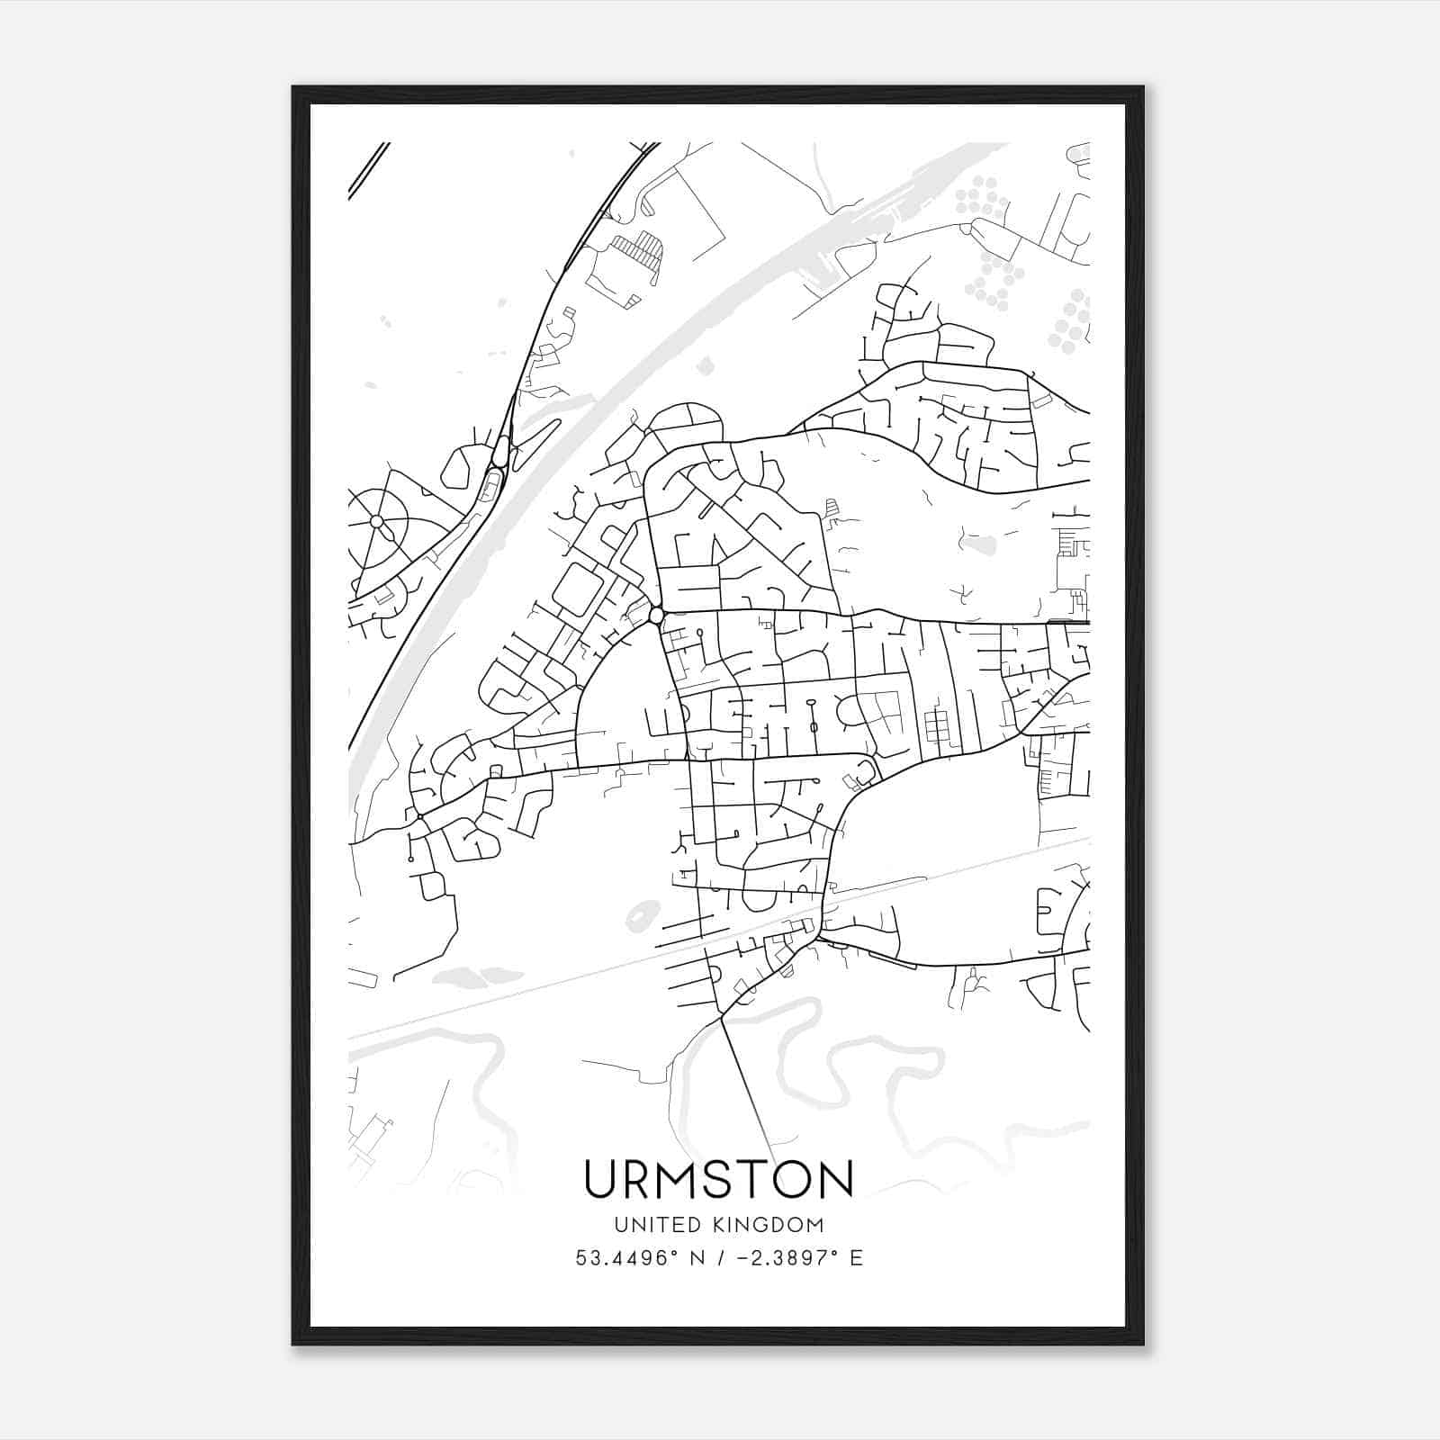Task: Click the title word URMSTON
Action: pos(718,1180)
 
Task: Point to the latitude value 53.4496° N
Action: pos(640,1258)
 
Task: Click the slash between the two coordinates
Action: pos(720,1258)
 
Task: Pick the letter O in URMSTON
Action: pos(789,1180)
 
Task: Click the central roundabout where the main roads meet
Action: pos(656,616)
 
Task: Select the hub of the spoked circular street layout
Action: pos(376,521)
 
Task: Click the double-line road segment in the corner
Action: pos(368,170)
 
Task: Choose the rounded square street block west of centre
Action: pos(577,589)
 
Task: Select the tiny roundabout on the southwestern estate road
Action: pos(419,816)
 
